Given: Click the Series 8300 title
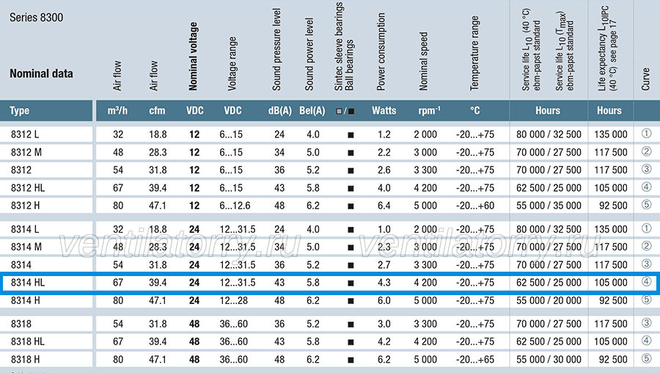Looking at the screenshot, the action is (x=36, y=18).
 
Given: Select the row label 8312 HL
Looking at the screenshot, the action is (x=28, y=188).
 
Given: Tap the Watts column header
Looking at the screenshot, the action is (x=384, y=111).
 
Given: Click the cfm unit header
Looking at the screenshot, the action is (x=157, y=111).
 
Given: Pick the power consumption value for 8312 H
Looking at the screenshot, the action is (x=384, y=206).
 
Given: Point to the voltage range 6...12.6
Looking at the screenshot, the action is (x=235, y=206).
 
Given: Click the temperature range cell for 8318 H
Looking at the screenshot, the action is (x=474, y=360).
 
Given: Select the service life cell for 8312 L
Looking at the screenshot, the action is (x=549, y=134).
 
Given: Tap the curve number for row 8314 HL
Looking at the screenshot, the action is (x=647, y=281).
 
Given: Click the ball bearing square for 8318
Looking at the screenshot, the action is (x=351, y=325).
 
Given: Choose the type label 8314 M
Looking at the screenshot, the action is (x=26, y=247).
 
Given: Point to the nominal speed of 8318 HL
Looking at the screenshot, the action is (x=425, y=342).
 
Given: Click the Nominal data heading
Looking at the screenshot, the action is (x=41, y=73).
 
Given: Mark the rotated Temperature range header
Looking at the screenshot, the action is (x=474, y=53).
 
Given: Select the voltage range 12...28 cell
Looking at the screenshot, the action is (x=233, y=300).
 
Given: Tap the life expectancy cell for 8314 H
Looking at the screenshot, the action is (x=613, y=300).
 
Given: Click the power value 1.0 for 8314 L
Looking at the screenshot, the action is (x=384, y=229).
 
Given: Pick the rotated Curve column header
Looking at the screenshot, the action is (x=645, y=79).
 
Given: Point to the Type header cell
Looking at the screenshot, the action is (x=19, y=111).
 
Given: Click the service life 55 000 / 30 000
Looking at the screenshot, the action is (x=549, y=360).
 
